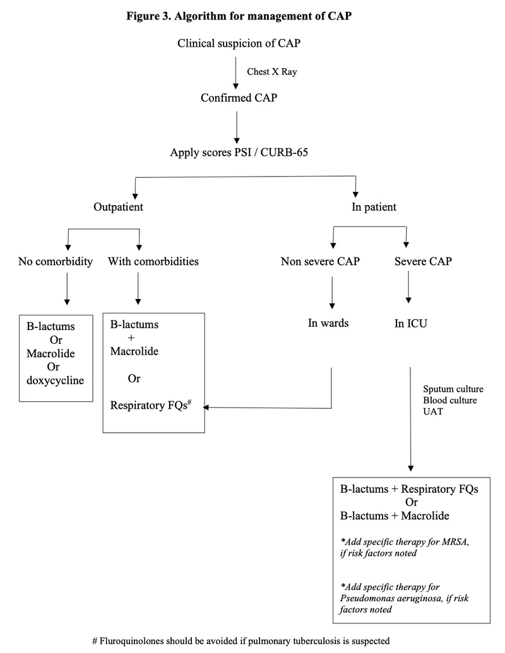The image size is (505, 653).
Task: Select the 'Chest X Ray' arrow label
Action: pyautogui.click(x=271, y=71)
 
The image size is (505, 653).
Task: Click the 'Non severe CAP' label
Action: pyautogui.click(x=320, y=261)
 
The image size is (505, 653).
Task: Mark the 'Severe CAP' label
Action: pyautogui.click(x=423, y=261)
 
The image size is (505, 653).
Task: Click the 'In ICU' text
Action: pyautogui.click(x=411, y=324)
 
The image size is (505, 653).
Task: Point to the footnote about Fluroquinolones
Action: pyautogui.click(x=241, y=640)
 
